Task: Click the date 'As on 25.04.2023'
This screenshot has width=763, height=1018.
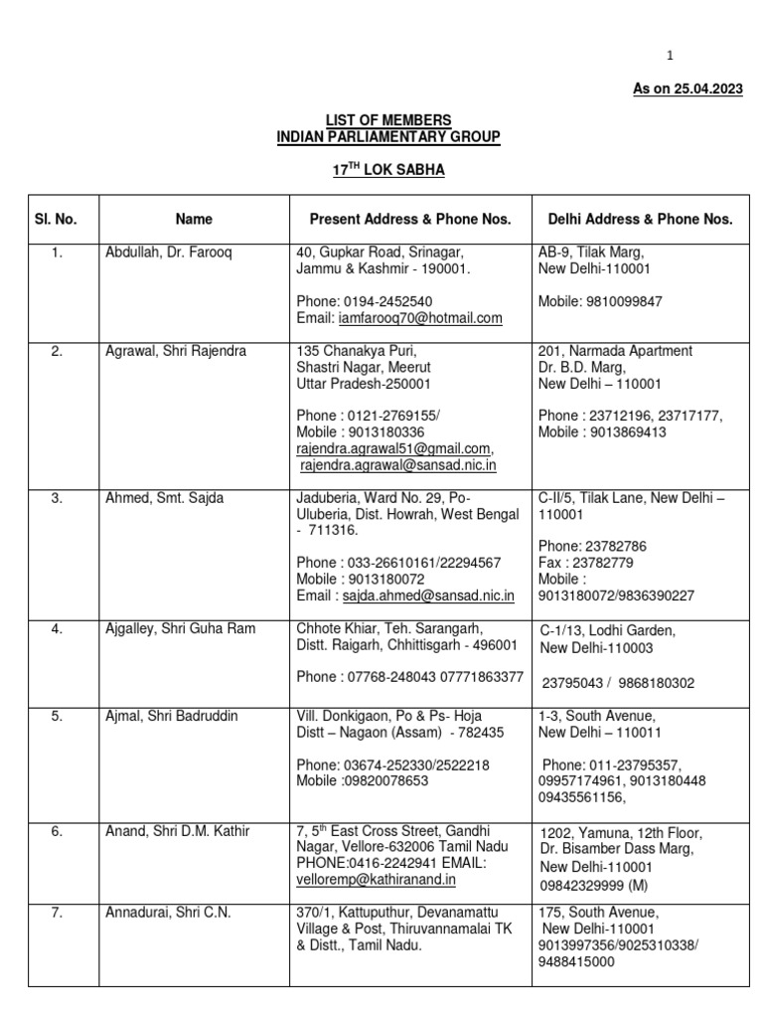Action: (x=687, y=89)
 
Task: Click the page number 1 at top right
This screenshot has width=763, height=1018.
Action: (x=670, y=56)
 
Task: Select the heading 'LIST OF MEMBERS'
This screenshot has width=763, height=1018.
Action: (x=388, y=120)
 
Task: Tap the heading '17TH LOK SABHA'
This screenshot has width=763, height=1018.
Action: (x=388, y=170)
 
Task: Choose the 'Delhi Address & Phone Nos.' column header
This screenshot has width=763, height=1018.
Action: (x=641, y=219)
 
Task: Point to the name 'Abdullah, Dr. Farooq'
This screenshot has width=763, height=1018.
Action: (x=168, y=253)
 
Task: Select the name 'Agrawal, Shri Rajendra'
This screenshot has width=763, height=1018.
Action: (x=176, y=351)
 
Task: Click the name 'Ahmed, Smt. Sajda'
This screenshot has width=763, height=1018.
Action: (x=164, y=498)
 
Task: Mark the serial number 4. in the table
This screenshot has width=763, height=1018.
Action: (x=58, y=628)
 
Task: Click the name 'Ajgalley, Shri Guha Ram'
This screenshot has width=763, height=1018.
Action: (x=180, y=628)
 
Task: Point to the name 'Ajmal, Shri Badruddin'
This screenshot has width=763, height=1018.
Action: (x=172, y=716)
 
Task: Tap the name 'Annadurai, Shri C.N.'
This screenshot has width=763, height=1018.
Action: (x=168, y=912)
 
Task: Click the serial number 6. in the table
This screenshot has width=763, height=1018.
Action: (x=58, y=831)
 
